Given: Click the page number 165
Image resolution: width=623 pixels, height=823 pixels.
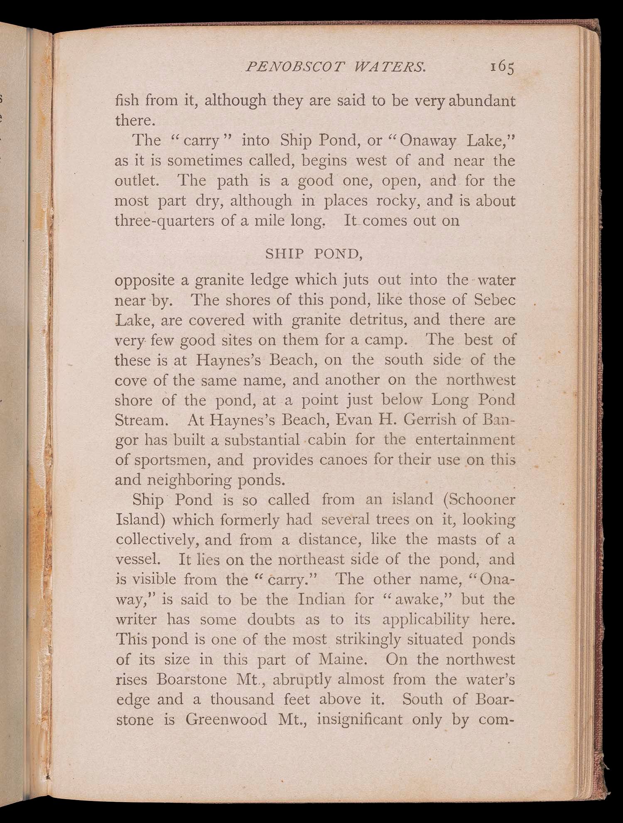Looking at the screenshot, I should click(502, 67).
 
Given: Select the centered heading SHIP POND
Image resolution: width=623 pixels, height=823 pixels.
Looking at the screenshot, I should click(314, 254).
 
